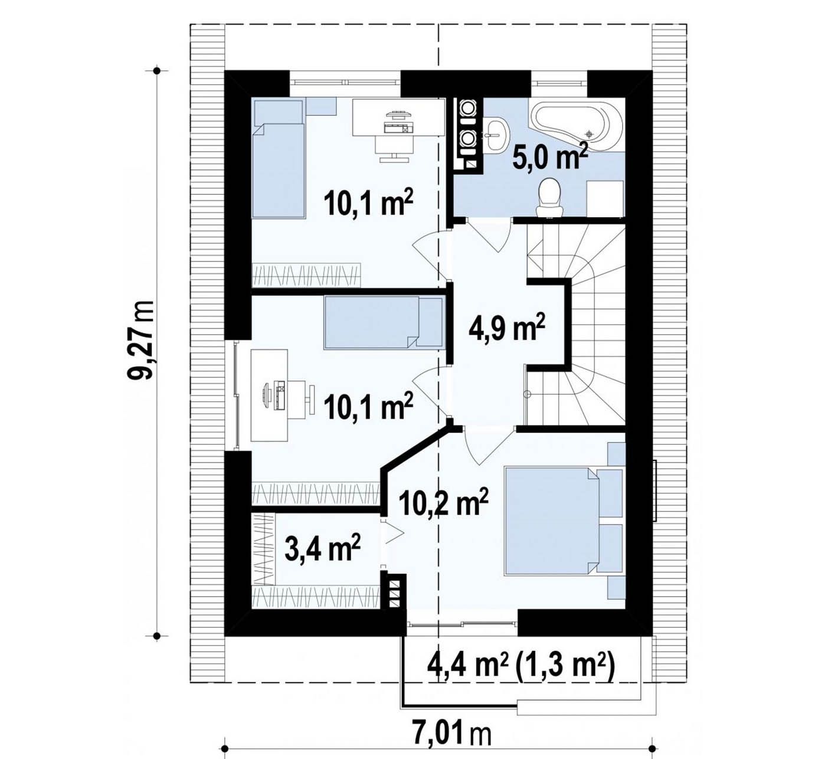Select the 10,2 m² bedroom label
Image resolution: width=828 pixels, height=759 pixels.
pos(444,502)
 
